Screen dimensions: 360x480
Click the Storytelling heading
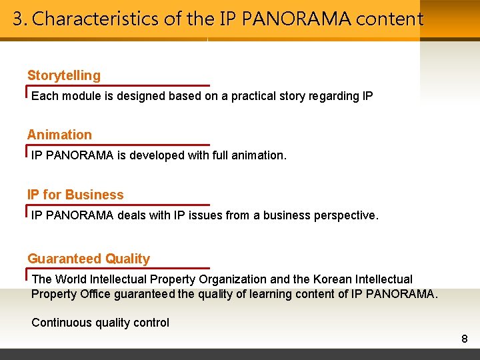64,76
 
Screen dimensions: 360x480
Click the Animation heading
59,135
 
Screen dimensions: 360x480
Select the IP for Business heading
75,195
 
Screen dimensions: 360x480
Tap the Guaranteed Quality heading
89,259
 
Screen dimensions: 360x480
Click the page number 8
465,339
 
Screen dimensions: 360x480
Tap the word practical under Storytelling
253,96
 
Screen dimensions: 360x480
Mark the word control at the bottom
152,323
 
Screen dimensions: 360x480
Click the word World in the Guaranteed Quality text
71,279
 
